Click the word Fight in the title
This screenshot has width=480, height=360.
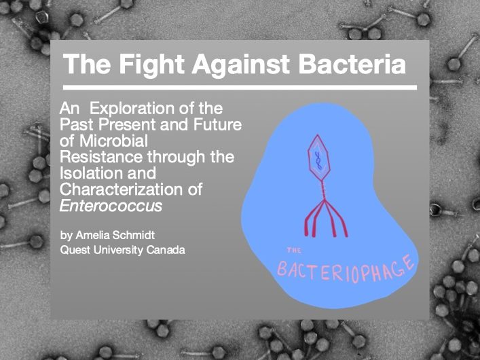coord(151,65)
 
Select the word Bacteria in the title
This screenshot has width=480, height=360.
coord(352,64)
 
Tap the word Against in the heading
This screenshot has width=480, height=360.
coord(241,65)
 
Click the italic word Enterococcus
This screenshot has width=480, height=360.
coord(111,206)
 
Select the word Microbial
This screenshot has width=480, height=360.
coord(113,141)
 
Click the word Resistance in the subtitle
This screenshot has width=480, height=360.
coord(101,157)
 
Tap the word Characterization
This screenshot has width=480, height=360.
coord(122,190)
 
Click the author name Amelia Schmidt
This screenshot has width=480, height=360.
coord(115,235)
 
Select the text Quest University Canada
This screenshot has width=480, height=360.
coord(122,250)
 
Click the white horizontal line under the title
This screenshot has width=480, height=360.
coord(240,88)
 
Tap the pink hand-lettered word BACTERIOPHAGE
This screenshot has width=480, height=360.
coord(346,269)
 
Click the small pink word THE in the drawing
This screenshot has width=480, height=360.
coord(294,251)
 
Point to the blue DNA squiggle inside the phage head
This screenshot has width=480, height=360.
coord(318,160)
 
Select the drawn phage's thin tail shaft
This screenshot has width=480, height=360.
coord(322,191)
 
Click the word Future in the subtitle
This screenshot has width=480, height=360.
coord(217,125)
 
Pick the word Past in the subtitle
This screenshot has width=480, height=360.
coord(77,125)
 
